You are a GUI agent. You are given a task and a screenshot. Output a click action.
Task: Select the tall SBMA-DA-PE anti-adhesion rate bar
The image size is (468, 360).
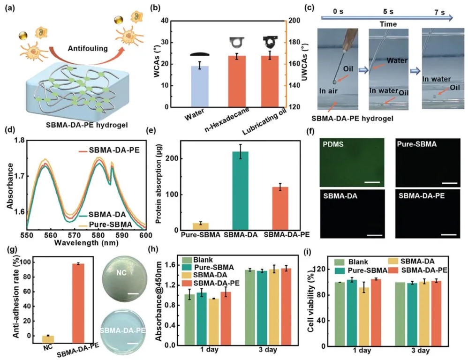[78, 303]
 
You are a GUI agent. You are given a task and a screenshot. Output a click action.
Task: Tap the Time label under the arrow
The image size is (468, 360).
[388, 24]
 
